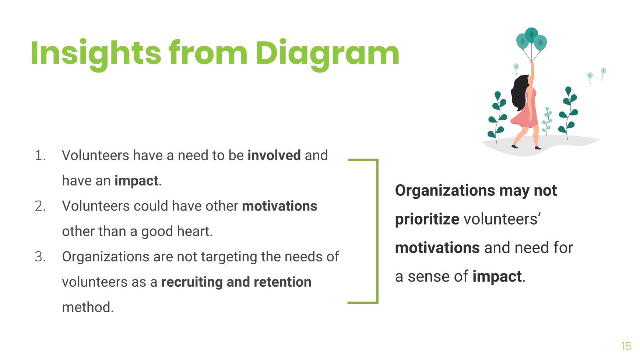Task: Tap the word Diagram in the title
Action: click(327, 53)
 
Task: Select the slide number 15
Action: click(626, 346)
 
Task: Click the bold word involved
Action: click(274, 155)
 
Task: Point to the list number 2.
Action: click(40, 206)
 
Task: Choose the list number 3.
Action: click(40, 257)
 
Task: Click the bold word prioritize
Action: click(427, 219)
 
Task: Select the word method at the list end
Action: click(88, 307)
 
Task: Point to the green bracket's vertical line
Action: click(377, 231)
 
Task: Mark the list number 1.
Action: click(40, 156)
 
